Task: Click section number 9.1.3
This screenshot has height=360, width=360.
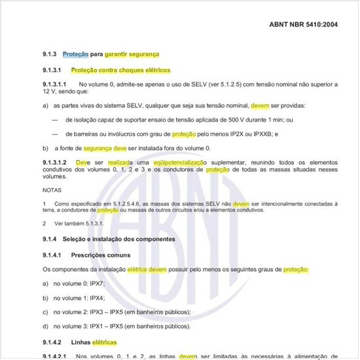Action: [x=50, y=54]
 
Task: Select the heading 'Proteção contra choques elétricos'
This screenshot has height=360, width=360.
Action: [x=120, y=69]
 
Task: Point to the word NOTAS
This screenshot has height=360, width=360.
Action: [x=52, y=190]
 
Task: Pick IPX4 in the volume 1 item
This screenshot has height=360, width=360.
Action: [x=96, y=298]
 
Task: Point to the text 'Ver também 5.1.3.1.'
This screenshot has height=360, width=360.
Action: [x=79, y=223]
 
